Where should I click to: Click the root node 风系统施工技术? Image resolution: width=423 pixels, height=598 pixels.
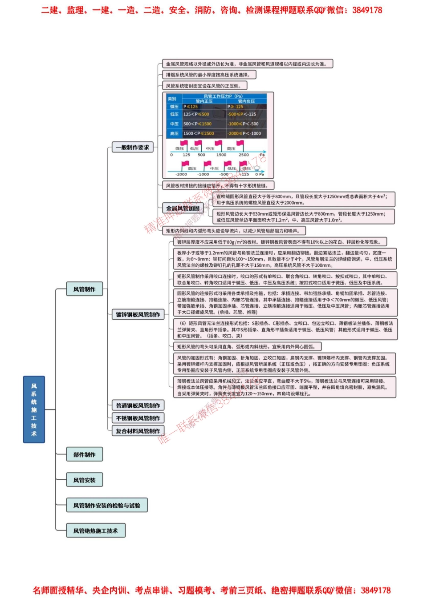(34, 409)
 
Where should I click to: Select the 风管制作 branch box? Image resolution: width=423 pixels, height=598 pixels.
(84, 289)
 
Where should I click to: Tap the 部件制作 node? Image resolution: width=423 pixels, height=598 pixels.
(84, 454)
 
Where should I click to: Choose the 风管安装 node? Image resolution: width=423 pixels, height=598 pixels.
(84, 480)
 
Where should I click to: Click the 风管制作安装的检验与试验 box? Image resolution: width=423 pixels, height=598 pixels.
(106, 505)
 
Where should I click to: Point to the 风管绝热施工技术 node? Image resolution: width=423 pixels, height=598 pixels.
(95, 530)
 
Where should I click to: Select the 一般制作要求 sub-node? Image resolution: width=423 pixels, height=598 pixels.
(132, 147)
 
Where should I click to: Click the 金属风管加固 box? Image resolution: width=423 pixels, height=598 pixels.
(183, 208)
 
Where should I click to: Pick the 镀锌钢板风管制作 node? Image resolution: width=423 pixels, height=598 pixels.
(138, 314)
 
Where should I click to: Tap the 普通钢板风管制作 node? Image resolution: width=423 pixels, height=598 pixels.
(138, 405)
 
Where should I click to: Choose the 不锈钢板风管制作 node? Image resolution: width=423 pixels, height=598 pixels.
(138, 418)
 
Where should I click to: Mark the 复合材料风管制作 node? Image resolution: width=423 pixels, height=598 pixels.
(138, 431)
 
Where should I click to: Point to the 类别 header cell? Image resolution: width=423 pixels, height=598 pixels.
(173, 99)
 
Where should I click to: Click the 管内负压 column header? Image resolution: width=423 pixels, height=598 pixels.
(246, 101)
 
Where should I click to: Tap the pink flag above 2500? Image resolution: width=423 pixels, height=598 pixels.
(240, 144)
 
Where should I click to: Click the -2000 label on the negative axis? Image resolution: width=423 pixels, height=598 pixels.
(181, 174)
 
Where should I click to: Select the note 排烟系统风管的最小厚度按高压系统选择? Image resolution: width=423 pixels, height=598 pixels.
(208, 75)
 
